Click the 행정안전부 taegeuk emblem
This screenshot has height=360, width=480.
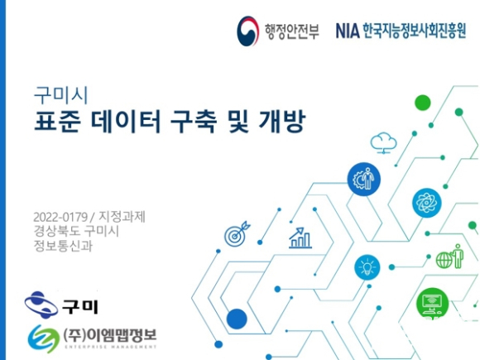pyautogui.click(x=247, y=31)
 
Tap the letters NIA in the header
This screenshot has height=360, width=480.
pyautogui.click(x=348, y=31)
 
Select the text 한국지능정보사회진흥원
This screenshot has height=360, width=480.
pyautogui.click(x=415, y=31)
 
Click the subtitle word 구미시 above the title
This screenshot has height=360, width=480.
pyautogui.click(x=61, y=95)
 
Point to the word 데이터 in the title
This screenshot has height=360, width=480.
pyautogui.click(x=126, y=121)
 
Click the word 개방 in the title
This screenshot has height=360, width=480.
pyautogui.click(x=282, y=121)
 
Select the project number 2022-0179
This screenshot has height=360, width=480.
pyautogui.click(x=60, y=217)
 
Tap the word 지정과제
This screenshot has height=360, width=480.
pyautogui.click(x=122, y=217)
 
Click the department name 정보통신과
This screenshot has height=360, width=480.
pyautogui.click(x=63, y=246)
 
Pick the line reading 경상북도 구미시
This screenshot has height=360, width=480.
pyautogui.click(x=76, y=231)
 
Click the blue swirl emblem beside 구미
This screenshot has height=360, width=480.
pyautogui.click(x=41, y=305)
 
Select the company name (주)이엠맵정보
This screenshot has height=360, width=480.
pyautogui.click(x=110, y=335)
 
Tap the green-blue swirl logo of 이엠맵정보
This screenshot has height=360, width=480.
pyautogui.click(x=44, y=338)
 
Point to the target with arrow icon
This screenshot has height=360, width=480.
pyautogui.click(x=238, y=233)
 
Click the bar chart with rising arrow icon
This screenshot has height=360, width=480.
pyautogui.click(x=300, y=238)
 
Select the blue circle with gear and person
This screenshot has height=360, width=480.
pyautogui.click(x=363, y=179)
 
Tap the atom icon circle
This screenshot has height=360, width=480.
pyautogui.click(x=427, y=203)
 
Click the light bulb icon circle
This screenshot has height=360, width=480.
pyautogui.click(x=367, y=267)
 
